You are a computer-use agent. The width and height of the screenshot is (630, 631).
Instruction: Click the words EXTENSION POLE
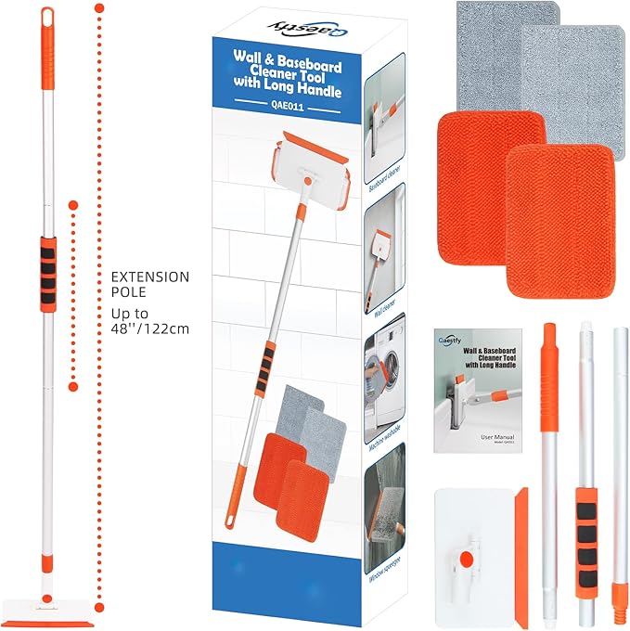pos(149,286)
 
